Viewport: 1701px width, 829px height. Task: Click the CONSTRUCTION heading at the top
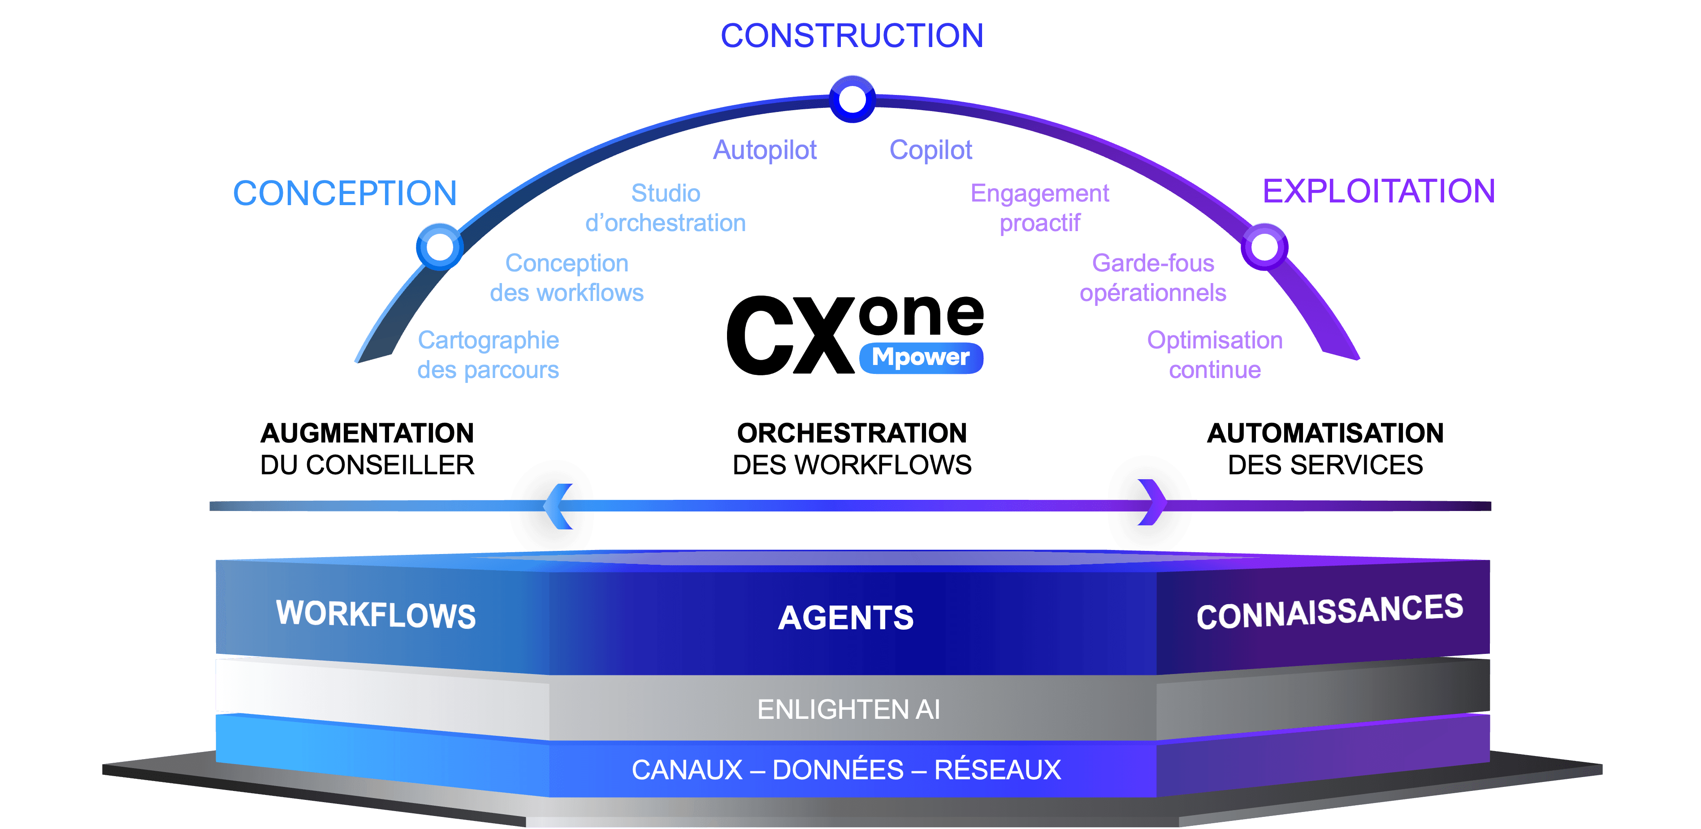tap(852, 36)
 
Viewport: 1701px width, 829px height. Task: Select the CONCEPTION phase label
tap(345, 193)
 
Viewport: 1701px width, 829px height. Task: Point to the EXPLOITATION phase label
tap(1379, 192)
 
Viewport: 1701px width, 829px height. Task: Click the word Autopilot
tap(765, 150)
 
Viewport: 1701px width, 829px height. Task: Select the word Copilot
tap(931, 150)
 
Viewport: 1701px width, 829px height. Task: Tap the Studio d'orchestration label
tap(666, 208)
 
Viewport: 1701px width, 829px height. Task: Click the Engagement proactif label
tap(1039, 208)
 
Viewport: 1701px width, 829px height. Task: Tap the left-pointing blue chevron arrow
tap(558, 506)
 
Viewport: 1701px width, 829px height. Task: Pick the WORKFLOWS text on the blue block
tap(376, 614)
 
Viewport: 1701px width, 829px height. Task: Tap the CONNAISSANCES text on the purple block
tap(1329, 612)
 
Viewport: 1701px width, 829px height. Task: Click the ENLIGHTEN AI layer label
tap(848, 709)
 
